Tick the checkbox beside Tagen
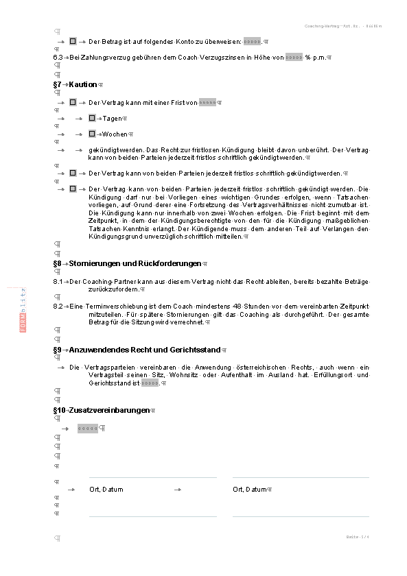click(91, 118)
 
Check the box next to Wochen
click(91, 134)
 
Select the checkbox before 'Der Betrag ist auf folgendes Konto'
click(73, 42)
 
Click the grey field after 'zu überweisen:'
click(253, 42)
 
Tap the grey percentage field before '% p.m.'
click(294, 58)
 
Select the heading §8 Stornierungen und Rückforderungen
click(127, 263)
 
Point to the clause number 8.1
click(58, 282)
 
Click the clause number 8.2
click(58, 305)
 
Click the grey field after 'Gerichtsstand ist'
click(150, 383)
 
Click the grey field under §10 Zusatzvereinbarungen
click(87, 429)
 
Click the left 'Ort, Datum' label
click(106, 490)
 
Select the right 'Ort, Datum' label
click(248, 490)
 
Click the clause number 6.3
click(58, 58)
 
